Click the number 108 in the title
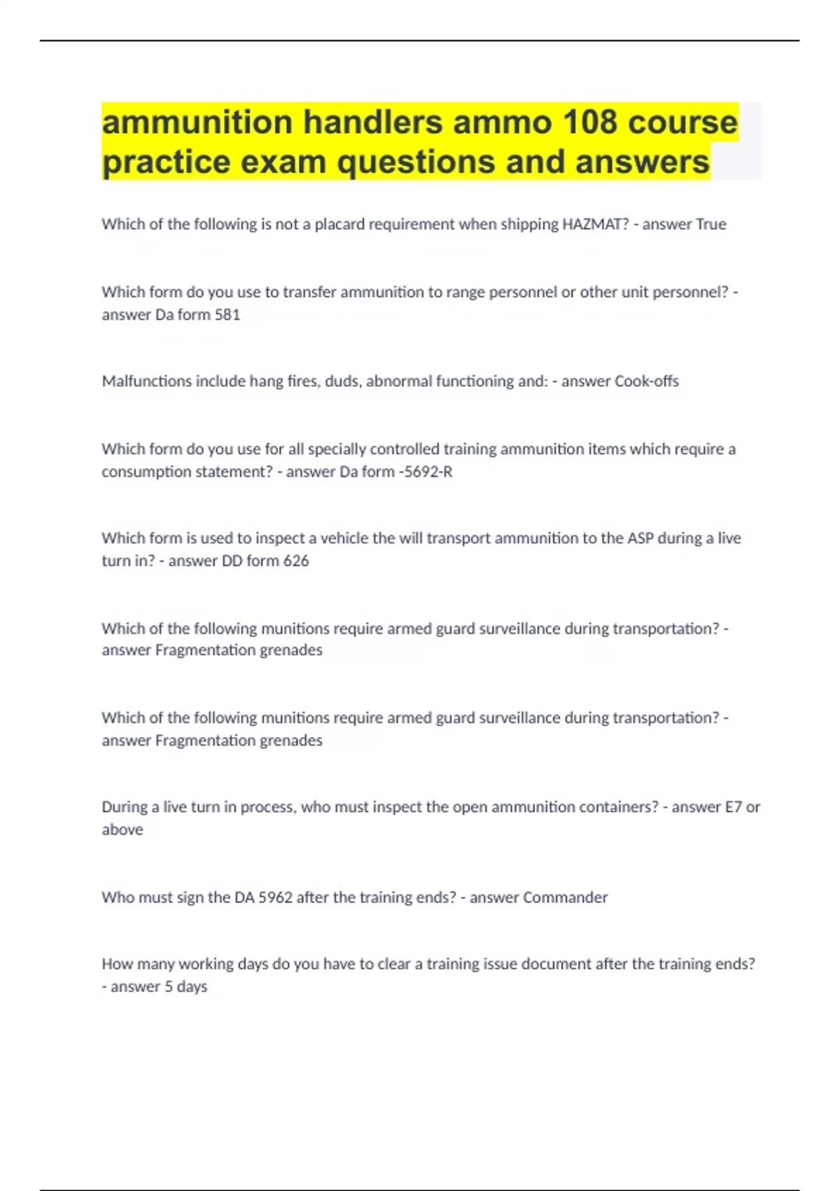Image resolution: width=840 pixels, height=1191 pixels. click(590, 123)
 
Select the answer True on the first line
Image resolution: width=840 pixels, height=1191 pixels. click(710, 224)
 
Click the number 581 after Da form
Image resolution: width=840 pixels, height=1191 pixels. click(227, 315)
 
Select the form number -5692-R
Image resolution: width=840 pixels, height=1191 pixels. click(425, 471)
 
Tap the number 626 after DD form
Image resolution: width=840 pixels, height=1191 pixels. click(296, 560)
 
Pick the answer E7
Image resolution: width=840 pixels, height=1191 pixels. click(733, 807)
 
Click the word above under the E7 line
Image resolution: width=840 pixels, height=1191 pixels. click(122, 829)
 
